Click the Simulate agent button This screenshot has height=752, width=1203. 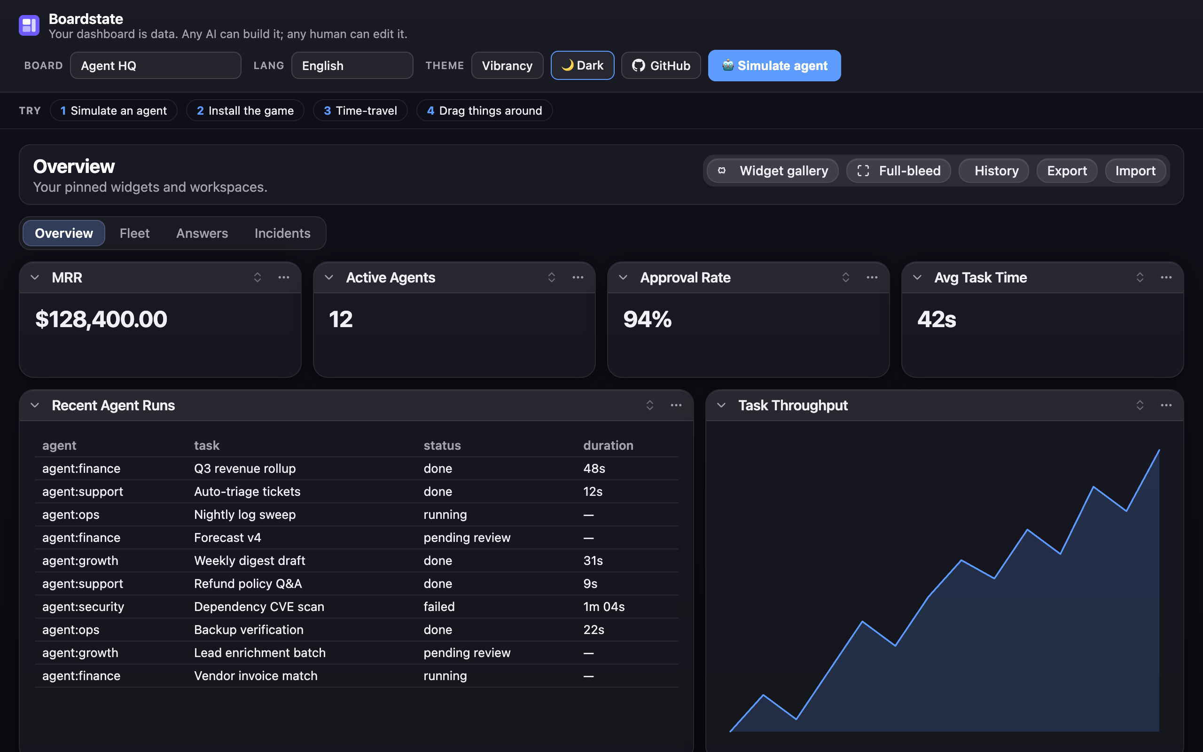point(774,66)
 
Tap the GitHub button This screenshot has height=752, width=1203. point(661,66)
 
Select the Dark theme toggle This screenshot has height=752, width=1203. point(582,66)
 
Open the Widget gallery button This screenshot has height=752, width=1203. point(773,171)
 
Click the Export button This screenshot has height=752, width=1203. point(1067,171)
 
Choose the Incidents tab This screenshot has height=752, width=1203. point(282,233)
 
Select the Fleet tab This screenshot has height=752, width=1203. point(134,233)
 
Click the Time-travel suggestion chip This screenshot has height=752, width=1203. point(360,110)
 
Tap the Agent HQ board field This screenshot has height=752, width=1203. point(156,66)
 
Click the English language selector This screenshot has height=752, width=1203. point(352,66)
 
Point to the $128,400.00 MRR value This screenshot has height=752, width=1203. point(101,319)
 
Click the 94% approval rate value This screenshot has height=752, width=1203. point(647,319)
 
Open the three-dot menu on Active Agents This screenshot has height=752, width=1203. point(578,277)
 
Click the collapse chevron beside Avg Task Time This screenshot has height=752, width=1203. point(917,277)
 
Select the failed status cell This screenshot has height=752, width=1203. point(439,607)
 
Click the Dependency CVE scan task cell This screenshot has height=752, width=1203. point(259,607)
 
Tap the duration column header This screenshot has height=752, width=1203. point(608,446)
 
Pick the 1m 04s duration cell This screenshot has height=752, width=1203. point(604,607)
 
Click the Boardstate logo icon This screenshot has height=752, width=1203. point(29,25)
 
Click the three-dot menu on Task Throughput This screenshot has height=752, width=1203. point(1166,405)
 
